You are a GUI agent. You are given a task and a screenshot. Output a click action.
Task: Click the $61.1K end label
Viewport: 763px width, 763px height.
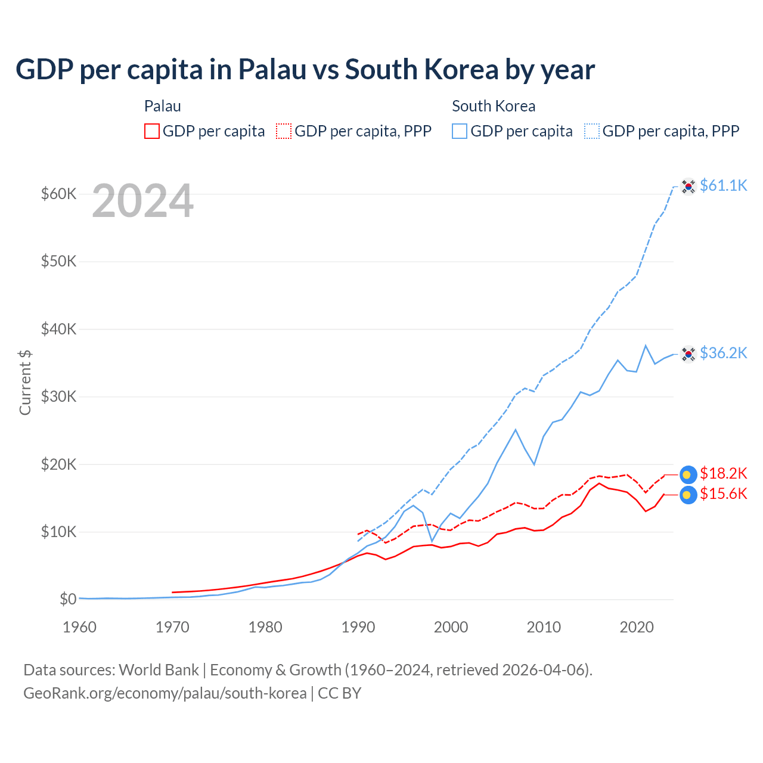pos(723,185)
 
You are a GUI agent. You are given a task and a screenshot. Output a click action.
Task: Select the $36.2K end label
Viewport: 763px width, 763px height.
pos(723,353)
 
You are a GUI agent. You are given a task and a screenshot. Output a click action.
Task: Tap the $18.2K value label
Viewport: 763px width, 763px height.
pos(723,473)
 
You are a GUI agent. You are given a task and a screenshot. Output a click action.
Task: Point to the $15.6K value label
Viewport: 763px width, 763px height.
pos(723,494)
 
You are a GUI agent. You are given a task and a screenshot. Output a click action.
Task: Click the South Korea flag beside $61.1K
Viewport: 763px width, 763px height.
pos(688,187)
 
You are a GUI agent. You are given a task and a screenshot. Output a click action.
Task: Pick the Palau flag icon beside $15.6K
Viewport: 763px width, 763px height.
pos(688,495)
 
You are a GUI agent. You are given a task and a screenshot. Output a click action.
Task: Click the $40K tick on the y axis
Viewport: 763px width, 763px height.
pos(58,329)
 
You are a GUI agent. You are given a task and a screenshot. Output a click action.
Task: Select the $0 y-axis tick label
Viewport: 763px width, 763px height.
pos(68,599)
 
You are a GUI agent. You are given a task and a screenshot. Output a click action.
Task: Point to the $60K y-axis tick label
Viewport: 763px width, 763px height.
pos(58,194)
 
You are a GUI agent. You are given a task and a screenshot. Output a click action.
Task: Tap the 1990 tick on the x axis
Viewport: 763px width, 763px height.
pos(358,627)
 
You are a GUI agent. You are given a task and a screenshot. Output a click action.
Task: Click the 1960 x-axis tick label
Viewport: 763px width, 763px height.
pos(79,627)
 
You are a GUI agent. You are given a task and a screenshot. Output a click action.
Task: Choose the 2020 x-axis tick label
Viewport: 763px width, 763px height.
pos(637,627)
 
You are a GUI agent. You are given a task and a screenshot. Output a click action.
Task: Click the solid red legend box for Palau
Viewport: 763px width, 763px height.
pos(152,131)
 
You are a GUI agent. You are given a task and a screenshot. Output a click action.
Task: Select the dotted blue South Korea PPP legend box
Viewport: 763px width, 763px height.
pos(592,131)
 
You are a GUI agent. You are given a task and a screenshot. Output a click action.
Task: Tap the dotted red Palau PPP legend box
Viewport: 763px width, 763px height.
pos(284,131)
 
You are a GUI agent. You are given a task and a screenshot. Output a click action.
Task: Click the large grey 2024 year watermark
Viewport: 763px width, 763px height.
pos(143,201)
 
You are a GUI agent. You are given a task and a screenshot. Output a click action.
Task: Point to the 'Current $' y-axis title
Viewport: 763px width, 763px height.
pos(25,382)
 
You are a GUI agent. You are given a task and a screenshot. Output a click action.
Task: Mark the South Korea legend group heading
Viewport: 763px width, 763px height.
pos(494,106)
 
